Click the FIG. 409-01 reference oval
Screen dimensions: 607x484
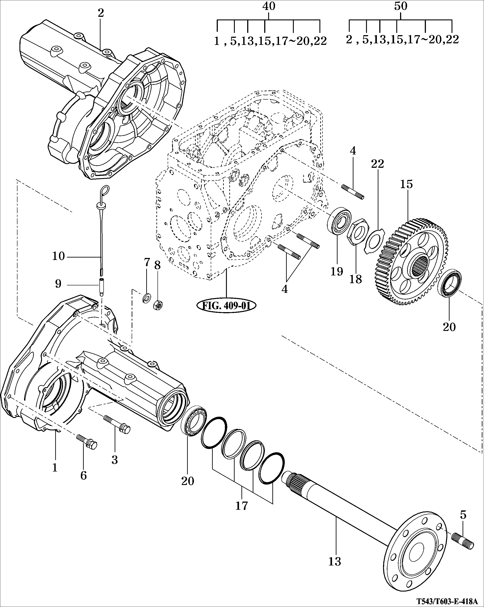point(226,305)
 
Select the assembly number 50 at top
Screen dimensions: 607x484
point(400,6)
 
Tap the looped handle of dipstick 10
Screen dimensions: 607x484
point(105,190)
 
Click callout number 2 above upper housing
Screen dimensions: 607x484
point(101,13)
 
